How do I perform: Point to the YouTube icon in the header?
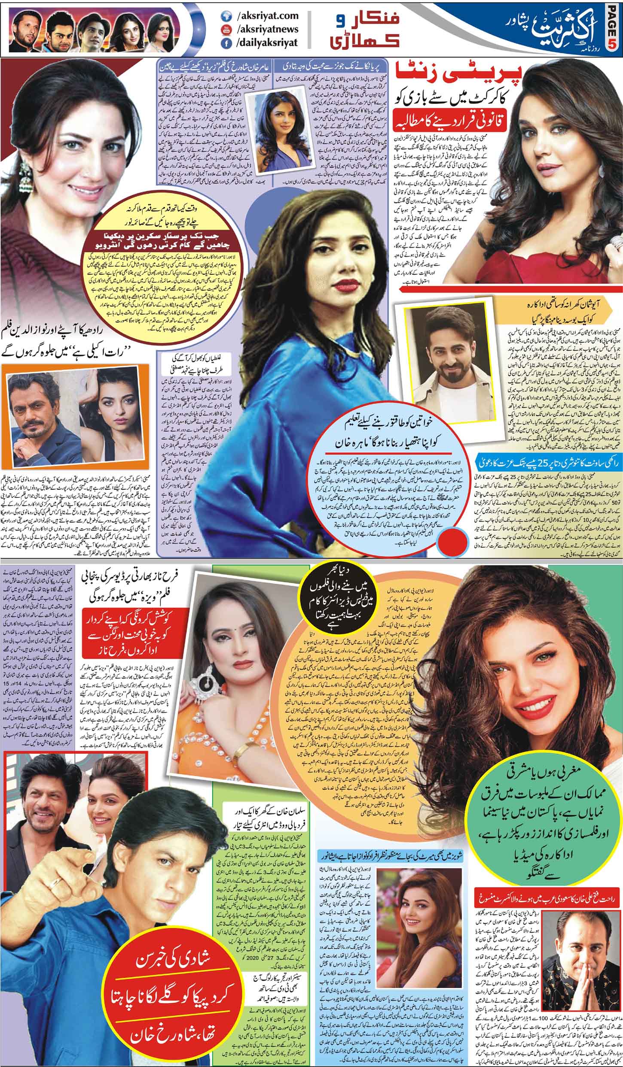(x=225, y=29)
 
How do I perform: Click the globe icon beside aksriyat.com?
(x=225, y=16)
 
